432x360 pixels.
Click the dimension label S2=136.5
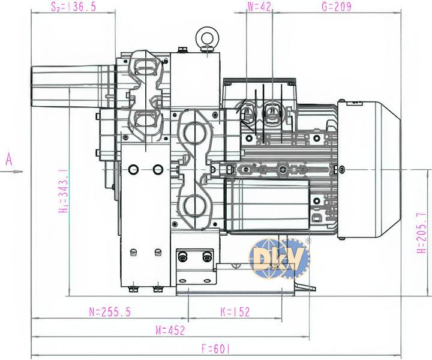74,7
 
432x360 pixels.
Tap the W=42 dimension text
259,7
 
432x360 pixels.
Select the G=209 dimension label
337,7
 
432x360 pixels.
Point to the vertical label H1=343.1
64,191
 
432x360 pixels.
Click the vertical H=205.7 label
421,233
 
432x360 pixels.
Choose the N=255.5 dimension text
110,312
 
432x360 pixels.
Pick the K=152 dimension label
235,312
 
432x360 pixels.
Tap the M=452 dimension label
170,330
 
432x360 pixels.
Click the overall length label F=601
215,349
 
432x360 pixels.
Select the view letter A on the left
9,159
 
